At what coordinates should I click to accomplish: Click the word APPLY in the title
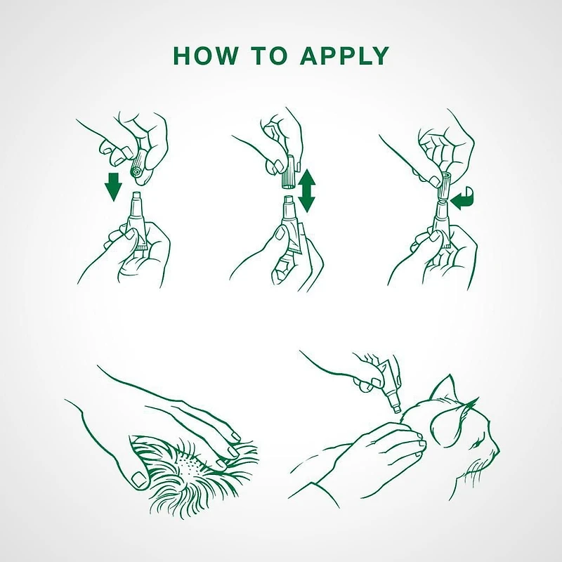point(344,55)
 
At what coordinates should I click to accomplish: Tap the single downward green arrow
point(113,187)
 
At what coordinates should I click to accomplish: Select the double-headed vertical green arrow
point(306,190)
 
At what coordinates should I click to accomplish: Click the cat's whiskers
point(475,469)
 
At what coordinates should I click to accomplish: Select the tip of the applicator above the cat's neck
point(397,410)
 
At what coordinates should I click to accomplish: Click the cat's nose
point(497,449)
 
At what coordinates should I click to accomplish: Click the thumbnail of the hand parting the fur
point(138,479)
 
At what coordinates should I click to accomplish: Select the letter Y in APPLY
point(379,55)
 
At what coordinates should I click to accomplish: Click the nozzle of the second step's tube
point(289,204)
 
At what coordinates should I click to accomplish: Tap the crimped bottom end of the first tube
point(142,247)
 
